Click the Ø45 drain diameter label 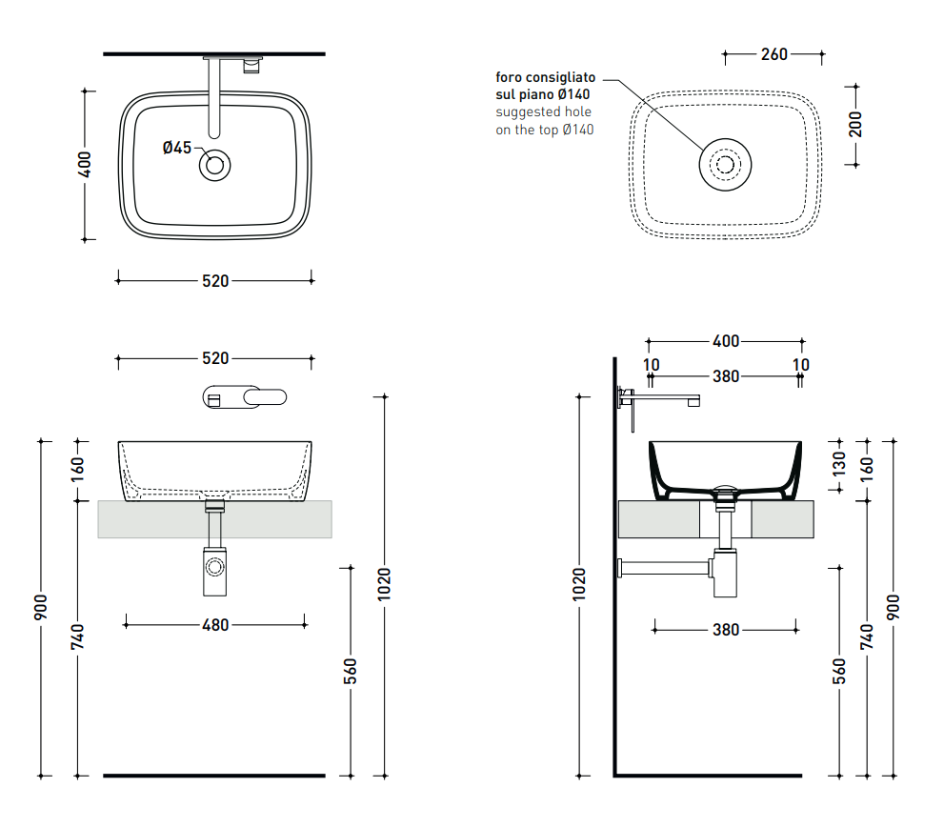click(177, 148)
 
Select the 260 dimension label click(773, 54)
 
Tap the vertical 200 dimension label click(855, 125)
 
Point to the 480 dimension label click(215, 625)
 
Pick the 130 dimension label click(838, 464)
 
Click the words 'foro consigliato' click(546, 77)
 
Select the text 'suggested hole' click(543, 112)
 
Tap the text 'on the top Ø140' click(544, 130)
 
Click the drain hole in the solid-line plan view click(215, 165)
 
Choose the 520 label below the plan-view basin click(215, 281)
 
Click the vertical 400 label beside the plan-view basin click(84, 165)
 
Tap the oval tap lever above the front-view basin click(265, 396)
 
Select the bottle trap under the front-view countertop click(215, 571)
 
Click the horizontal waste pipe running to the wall click(664, 567)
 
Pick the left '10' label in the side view click(651, 365)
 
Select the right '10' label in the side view click(801, 365)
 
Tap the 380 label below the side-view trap click(726, 630)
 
